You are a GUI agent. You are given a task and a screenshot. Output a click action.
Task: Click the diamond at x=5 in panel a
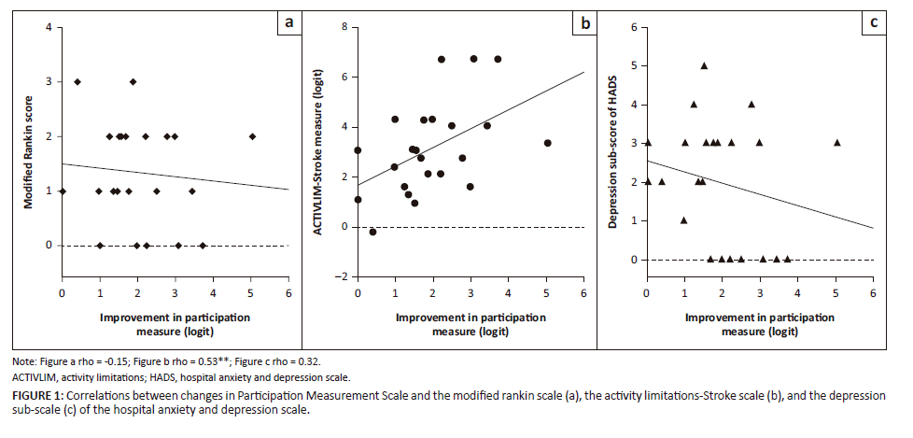point(251,136)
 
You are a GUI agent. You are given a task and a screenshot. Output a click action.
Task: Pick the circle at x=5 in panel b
point(547,143)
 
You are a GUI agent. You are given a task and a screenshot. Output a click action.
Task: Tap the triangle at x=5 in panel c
point(836,143)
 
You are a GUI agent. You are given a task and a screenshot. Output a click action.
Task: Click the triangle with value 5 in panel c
point(704,65)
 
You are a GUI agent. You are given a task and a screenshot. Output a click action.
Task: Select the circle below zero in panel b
point(372,232)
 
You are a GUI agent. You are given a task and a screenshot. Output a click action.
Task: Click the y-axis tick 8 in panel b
point(344,27)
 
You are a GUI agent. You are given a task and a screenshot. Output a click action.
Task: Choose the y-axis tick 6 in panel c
point(634,27)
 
